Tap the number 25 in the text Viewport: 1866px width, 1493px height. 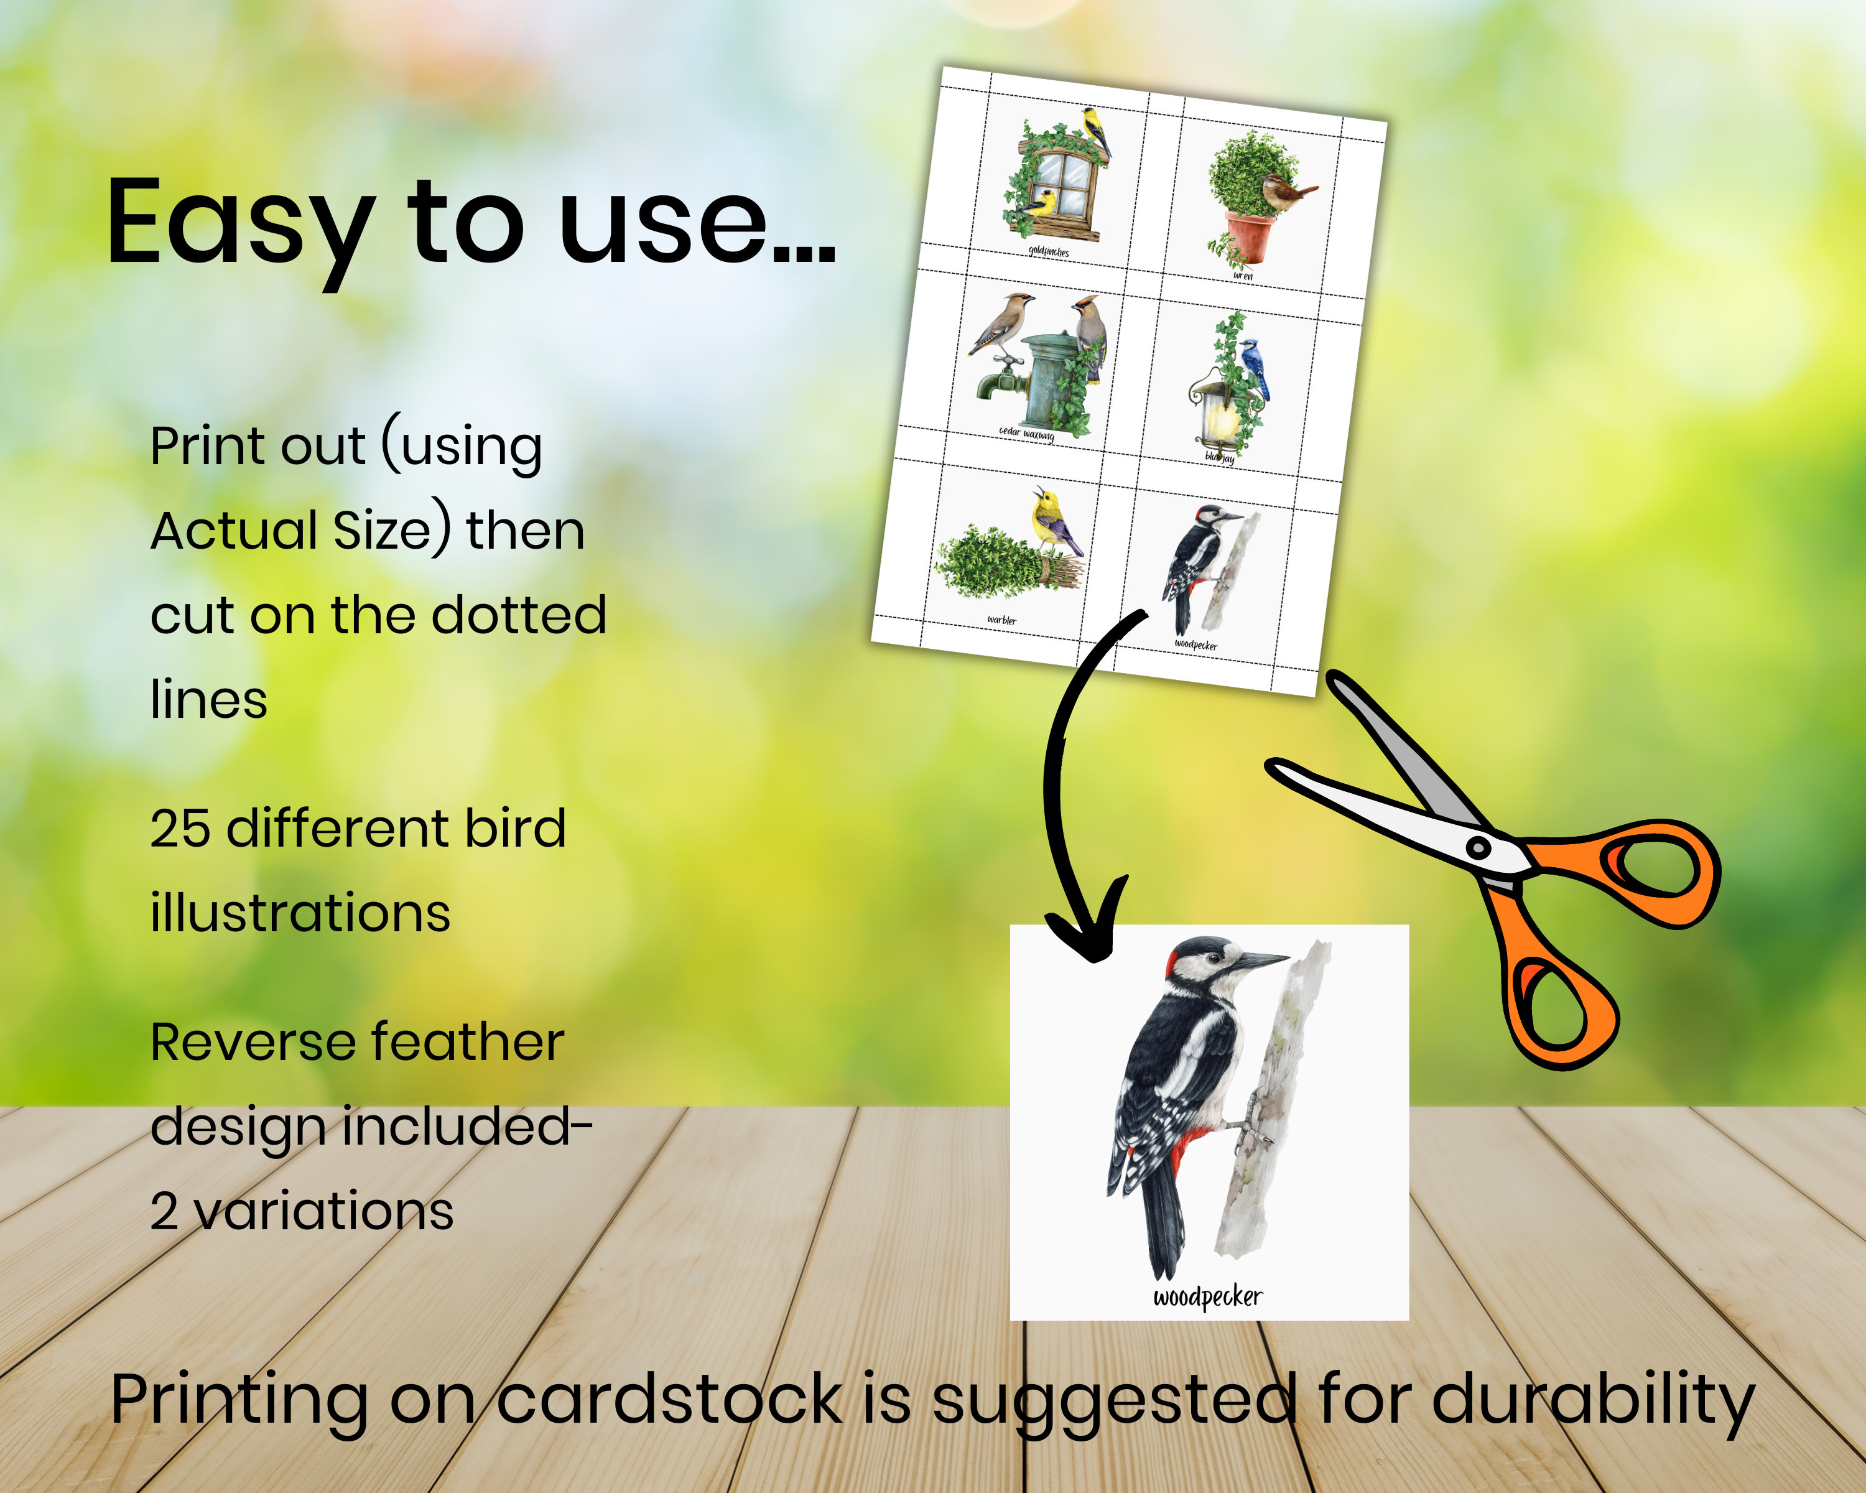tap(180, 828)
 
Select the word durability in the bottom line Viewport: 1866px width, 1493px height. tap(1592, 1398)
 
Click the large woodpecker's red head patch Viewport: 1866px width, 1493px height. tap(1174, 959)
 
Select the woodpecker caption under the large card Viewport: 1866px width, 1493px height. tap(1207, 1296)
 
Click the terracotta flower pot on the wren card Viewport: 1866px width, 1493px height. tap(1250, 238)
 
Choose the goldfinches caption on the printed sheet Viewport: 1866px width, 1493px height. tap(1048, 251)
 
